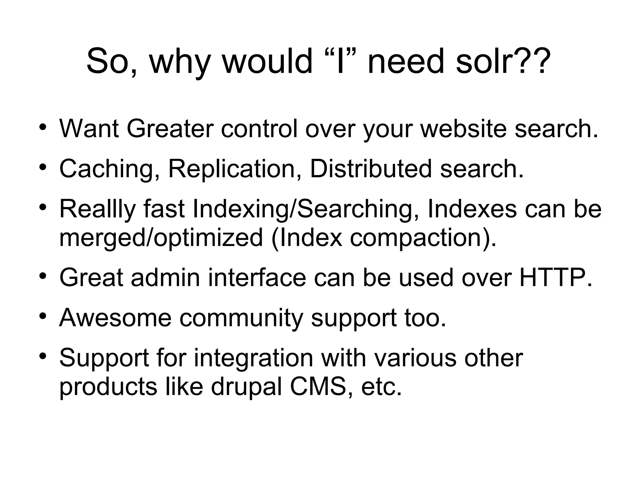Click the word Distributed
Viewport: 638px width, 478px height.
pyautogui.click(x=371, y=168)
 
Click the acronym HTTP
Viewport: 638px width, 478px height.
pyautogui.click(x=554, y=277)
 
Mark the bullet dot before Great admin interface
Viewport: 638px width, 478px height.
pyautogui.click(x=43, y=276)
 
